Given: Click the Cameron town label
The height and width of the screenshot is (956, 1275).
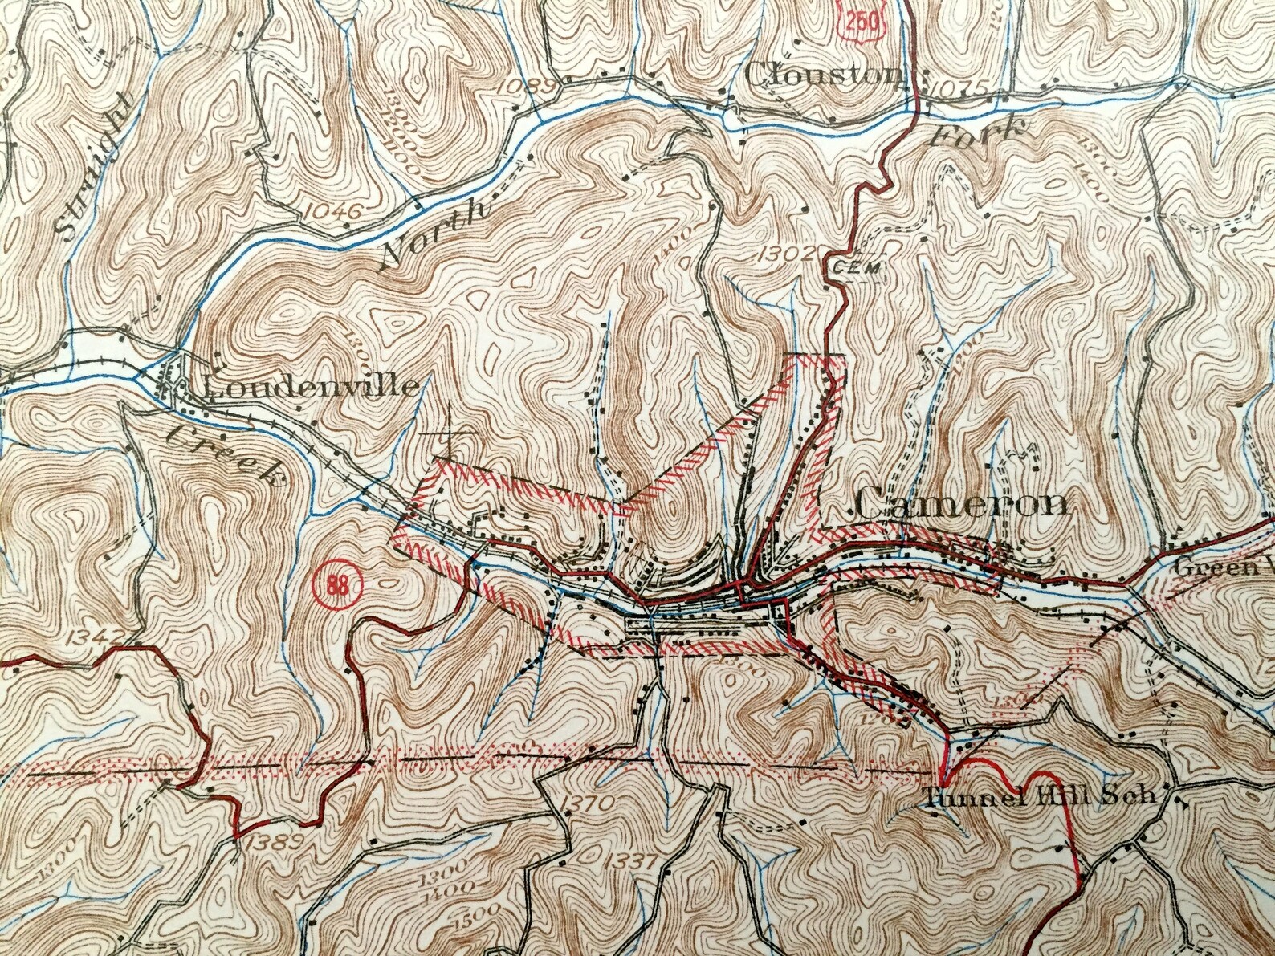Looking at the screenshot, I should tap(961, 504).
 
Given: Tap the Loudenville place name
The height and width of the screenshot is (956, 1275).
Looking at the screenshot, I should tap(311, 388).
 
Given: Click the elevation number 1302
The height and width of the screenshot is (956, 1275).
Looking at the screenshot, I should tap(786, 255).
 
